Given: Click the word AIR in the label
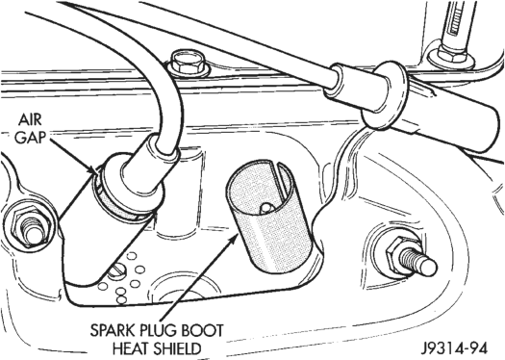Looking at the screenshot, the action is [30, 120].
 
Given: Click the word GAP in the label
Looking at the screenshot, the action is [30, 138].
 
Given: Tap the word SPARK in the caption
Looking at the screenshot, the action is [113, 331].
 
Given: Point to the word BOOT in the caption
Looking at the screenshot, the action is [203, 331].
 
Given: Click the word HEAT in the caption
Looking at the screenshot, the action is [132, 348].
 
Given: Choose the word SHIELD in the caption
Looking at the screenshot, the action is [177, 348].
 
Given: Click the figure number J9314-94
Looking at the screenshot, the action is [455, 348].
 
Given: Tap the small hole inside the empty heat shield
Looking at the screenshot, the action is [266, 208].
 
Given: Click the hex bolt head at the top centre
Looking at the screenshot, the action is [187, 64].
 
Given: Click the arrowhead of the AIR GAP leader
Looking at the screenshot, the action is [95, 169].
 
